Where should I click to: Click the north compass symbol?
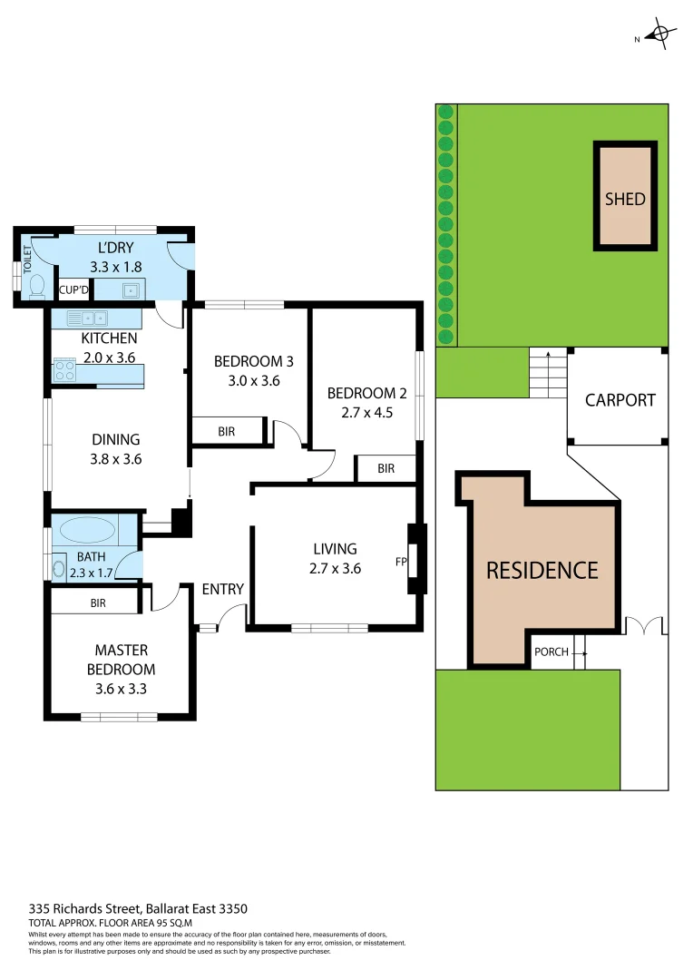tap(661, 36)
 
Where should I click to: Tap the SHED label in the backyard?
tap(625, 199)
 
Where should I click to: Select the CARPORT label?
tap(620, 399)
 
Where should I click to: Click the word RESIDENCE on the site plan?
tap(542, 570)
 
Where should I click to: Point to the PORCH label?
tap(551, 652)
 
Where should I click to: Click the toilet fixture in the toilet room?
tap(36, 285)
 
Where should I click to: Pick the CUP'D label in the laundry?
tap(73, 290)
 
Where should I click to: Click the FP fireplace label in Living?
tap(401, 562)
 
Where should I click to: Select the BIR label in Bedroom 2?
tap(386, 468)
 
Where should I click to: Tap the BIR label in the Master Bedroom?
tap(99, 602)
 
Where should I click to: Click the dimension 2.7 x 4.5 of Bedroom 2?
tap(366, 411)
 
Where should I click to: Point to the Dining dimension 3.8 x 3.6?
tap(116, 459)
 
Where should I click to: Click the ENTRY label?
tap(222, 589)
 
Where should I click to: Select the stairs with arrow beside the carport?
tap(548, 373)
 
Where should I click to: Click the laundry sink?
tap(130, 290)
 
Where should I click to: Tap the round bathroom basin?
tap(61, 570)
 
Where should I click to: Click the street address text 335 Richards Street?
tap(138, 908)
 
